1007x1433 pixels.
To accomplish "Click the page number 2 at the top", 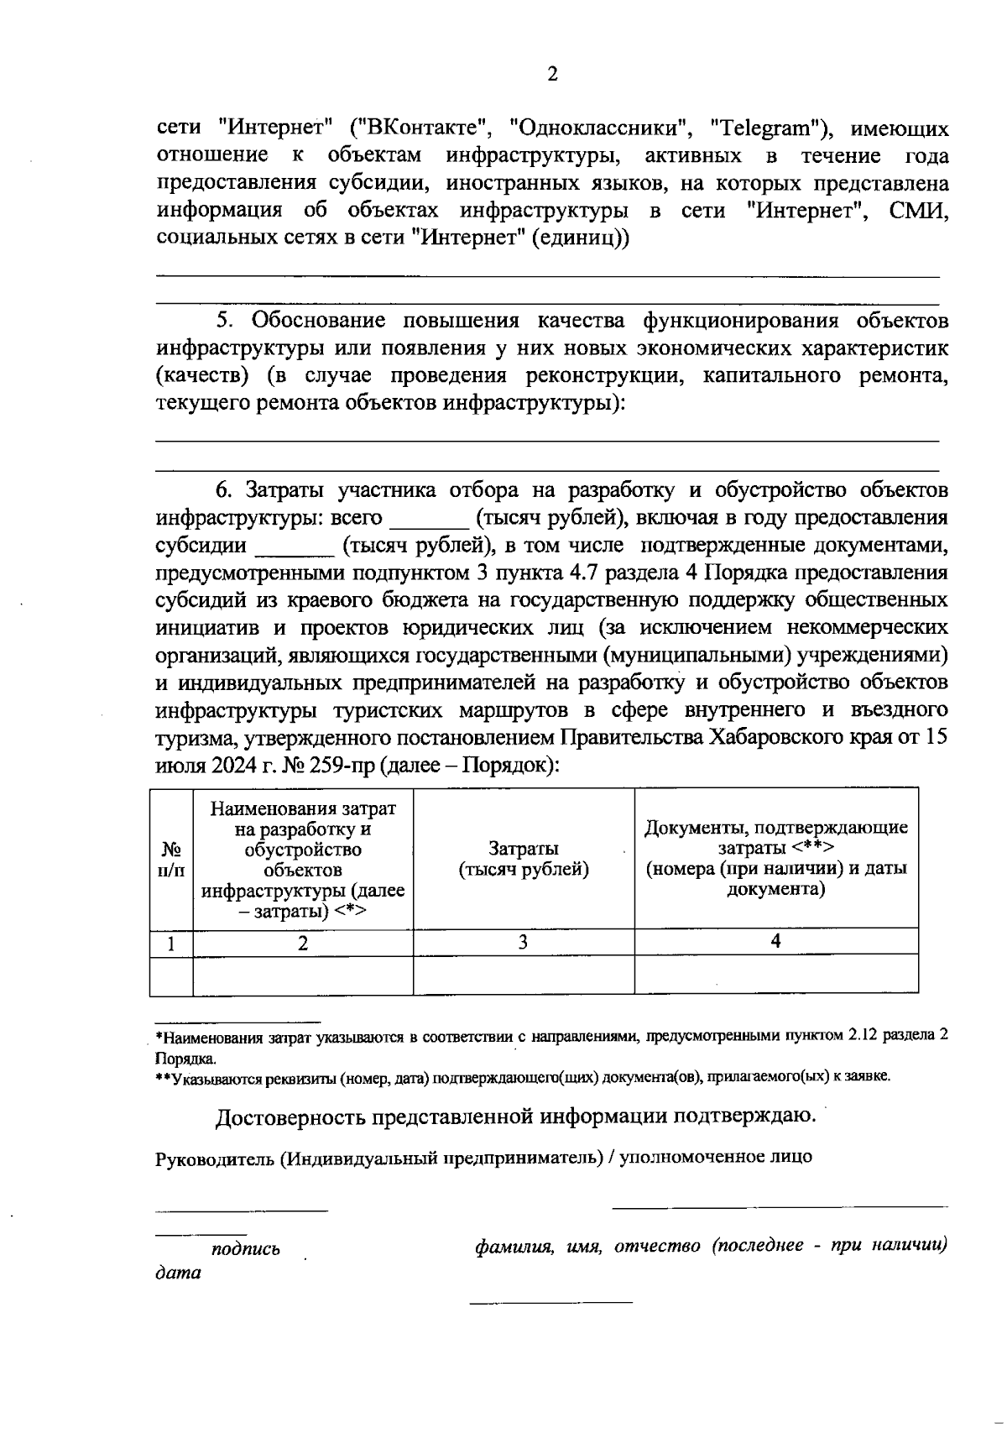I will (552, 75).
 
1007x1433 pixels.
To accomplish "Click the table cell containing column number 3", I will (524, 942).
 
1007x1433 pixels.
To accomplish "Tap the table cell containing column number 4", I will (776, 942).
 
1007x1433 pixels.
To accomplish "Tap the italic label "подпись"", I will (246, 1249).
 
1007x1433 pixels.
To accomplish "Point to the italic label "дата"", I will (179, 1273).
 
